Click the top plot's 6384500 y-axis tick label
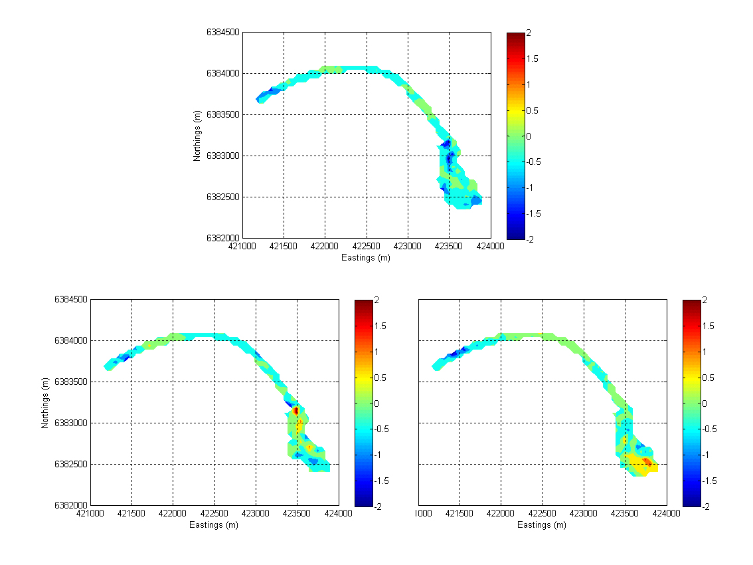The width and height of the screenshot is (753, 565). tap(223, 33)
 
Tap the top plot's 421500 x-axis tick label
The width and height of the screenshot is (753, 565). tap(284, 247)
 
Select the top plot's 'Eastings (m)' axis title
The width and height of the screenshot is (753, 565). tap(366, 258)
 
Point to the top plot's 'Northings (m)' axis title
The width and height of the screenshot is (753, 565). tap(197, 136)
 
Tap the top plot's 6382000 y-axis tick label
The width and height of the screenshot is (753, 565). tap(223, 238)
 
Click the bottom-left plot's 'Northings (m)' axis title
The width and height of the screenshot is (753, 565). tap(46, 402)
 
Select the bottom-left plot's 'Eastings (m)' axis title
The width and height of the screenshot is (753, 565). tap(214, 525)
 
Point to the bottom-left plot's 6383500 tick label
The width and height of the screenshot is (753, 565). tap(71, 382)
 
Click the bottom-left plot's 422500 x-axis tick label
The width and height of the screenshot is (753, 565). tap(214, 514)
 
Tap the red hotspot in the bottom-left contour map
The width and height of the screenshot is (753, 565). tap(296, 411)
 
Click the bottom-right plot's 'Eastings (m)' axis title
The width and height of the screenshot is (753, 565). tap(542, 525)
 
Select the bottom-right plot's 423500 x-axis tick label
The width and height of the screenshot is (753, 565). tap(625, 514)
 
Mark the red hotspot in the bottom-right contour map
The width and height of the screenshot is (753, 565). tap(647, 461)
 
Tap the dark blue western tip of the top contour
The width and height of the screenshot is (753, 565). tap(260, 99)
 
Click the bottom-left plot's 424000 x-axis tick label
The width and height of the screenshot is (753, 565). tap(339, 514)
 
